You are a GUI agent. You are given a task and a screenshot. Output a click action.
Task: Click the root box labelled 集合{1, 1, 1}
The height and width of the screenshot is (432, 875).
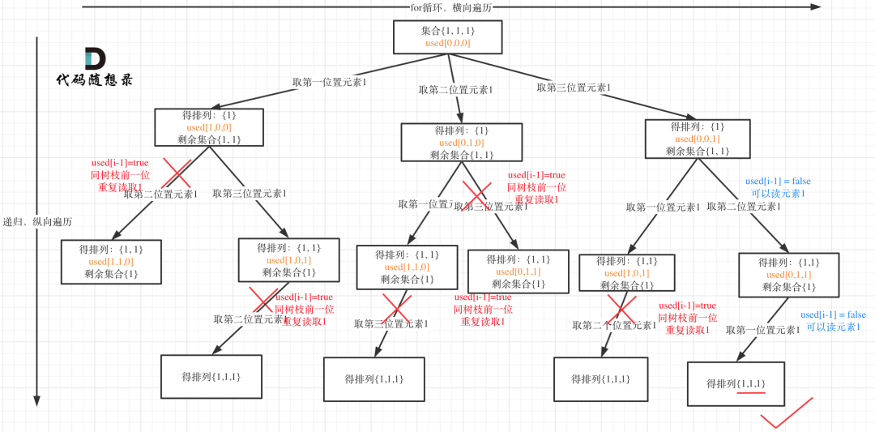[x=447, y=37]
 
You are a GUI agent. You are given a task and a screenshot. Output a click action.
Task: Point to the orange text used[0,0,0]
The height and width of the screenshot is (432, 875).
[x=447, y=43]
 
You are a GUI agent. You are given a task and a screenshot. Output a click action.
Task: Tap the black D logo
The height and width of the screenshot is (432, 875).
[x=95, y=59]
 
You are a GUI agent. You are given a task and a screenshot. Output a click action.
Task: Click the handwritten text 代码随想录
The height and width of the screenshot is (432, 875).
[x=94, y=80]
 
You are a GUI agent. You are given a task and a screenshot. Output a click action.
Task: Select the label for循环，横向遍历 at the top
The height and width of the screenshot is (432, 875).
[x=450, y=7]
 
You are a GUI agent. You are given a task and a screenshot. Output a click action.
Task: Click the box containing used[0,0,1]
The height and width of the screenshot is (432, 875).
[x=697, y=139]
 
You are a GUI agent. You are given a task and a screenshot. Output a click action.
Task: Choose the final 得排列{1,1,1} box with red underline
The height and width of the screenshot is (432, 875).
[x=736, y=383]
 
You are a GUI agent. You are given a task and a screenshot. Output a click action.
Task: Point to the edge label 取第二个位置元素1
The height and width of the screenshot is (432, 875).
[x=614, y=325]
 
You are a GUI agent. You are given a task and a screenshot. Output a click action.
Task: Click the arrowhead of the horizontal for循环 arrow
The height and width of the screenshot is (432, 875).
[x=816, y=7]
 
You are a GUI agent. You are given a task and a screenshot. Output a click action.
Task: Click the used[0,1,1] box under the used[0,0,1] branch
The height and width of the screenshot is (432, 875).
[x=788, y=275]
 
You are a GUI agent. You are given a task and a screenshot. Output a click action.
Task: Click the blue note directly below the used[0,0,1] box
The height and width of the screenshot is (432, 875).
[x=777, y=186]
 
